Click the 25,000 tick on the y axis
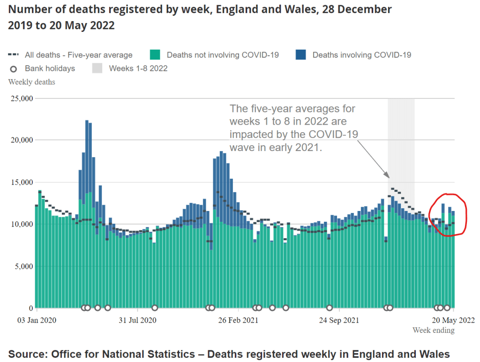click(x=21, y=98)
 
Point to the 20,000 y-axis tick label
click(x=21, y=140)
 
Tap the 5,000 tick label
click(x=22, y=266)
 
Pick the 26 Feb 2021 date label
click(x=238, y=321)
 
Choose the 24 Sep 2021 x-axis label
click(x=339, y=321)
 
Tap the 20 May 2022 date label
click(x=453, y=321)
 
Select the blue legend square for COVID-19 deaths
click(x=301, y=55)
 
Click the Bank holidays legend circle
click(x=14, y=69)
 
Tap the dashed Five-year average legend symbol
click(x=14, y=55)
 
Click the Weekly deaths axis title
click(x=32, y=82)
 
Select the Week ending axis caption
click(x=433, y=331)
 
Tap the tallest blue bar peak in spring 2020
click(x=87, y=121)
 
